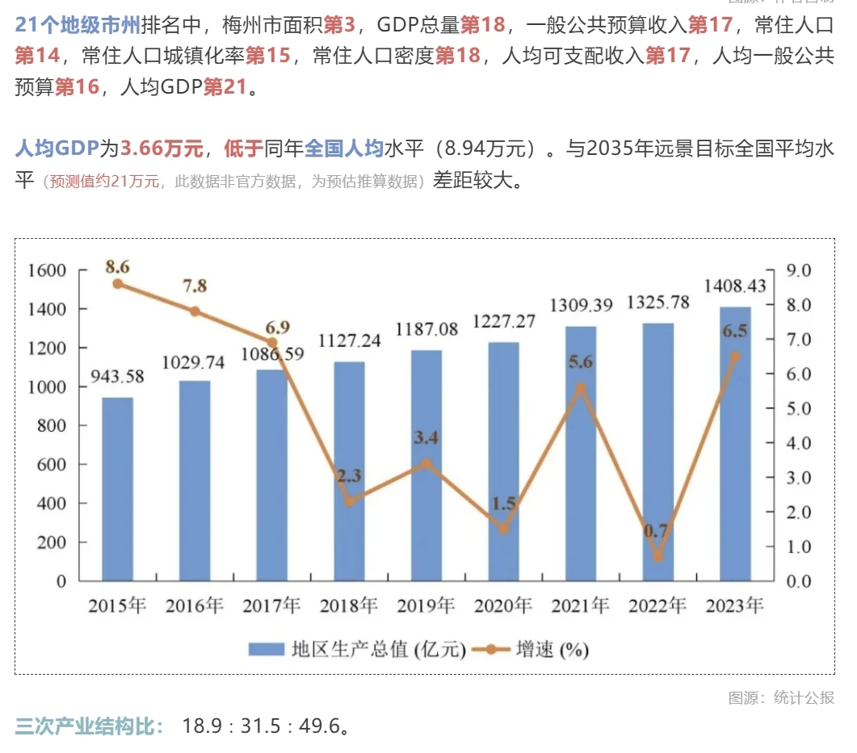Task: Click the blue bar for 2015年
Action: coord(117,488)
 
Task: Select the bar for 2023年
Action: coord(735,444)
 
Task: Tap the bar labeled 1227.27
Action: coord(503,461)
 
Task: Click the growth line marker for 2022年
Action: coord(657,556)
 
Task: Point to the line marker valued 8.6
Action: coord(117,283)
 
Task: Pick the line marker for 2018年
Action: coord(349,501)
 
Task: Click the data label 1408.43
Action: coord(734,287)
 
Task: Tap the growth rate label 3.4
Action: coord(426,438)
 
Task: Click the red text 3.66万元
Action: coord(162,149)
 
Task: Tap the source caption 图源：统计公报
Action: coord(780,698)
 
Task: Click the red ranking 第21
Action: coord(224,87)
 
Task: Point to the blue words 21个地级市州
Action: coord(78,25)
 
